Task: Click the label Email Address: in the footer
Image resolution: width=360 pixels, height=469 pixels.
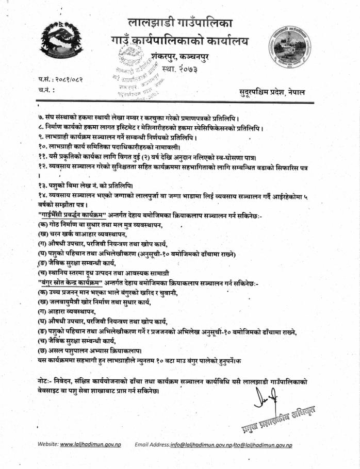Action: (x=152, y=444)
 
